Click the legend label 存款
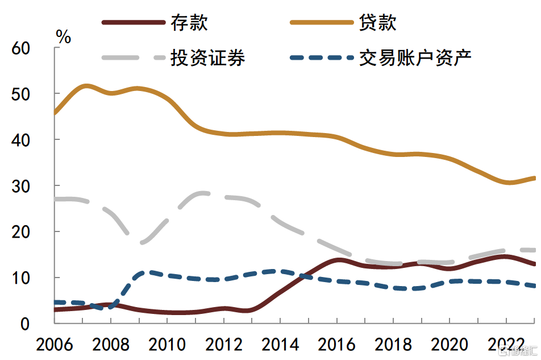189,23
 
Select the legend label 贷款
377,23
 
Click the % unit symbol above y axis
64,38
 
